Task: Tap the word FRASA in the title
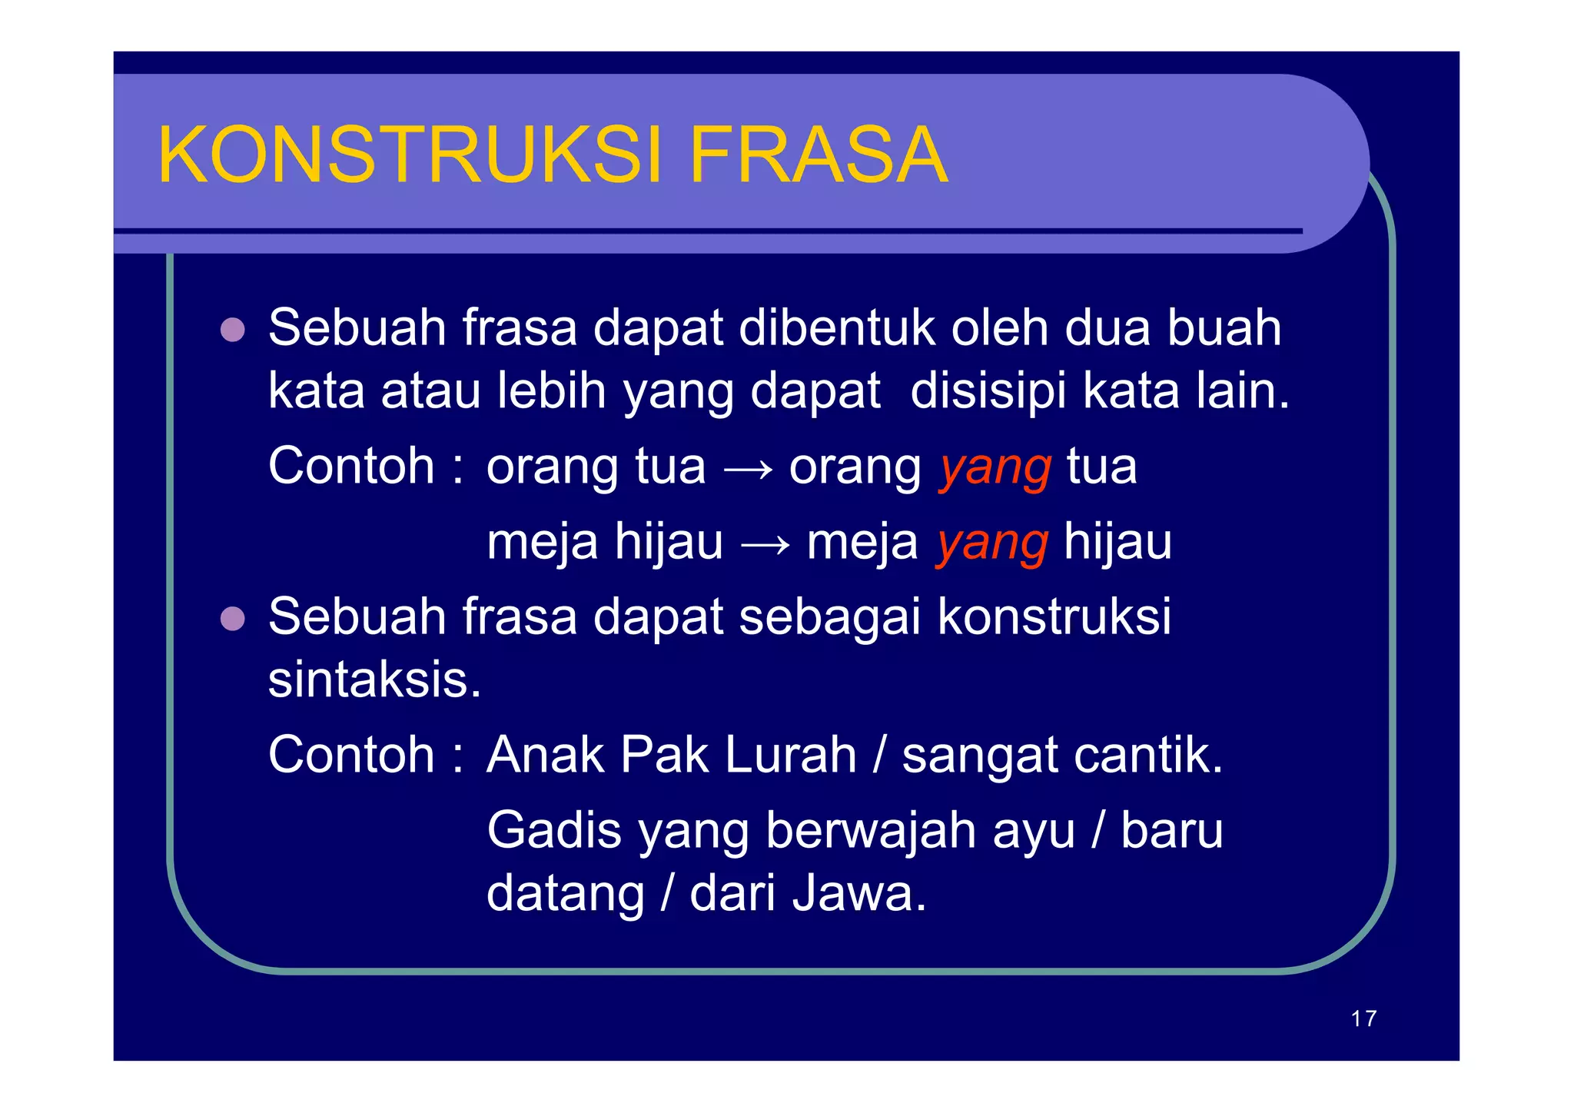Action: click(819, 155)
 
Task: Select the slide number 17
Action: click(1363, 1018)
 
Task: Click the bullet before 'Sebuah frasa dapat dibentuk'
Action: click(232, 330)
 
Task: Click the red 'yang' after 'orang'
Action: click(995, 467)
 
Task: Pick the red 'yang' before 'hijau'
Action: click(992, 543)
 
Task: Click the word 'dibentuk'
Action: click(836, 328)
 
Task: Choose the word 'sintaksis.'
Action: click(374, 679)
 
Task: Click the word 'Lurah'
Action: click(790, 755)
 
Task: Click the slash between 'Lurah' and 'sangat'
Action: click(879, 755)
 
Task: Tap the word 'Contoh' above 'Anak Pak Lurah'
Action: click(351, 755)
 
